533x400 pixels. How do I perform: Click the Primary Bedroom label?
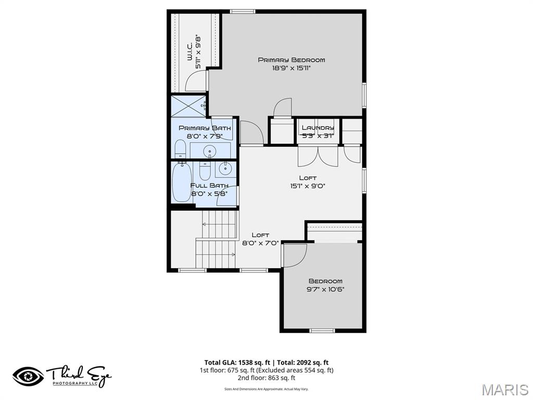291,60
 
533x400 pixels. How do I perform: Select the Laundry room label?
318,128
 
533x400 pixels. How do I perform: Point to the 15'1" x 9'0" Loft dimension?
308,186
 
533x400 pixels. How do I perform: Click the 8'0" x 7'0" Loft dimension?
261,242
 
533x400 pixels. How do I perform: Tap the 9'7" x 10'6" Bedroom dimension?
325,290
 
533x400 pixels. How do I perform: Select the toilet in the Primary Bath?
180,149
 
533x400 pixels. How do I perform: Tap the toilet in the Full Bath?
205,169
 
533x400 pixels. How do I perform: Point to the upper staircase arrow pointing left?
205,224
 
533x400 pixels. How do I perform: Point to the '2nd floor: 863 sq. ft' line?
266,378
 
